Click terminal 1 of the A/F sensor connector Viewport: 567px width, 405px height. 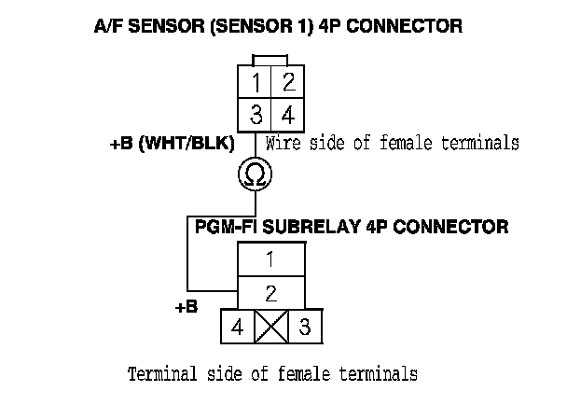(x=256, y=83)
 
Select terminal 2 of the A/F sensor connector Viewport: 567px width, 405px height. (x=288, y=83)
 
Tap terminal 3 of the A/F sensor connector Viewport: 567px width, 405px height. (x=256, y=116)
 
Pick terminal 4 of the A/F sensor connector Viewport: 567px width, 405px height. (x=288, y=116)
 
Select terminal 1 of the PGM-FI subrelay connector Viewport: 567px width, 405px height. (x=270, y=258)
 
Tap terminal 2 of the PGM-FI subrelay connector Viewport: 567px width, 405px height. (x=270, y=293)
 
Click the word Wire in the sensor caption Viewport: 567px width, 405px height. (x=283, y=144)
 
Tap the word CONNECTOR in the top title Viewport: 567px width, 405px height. (x=408, y=27)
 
